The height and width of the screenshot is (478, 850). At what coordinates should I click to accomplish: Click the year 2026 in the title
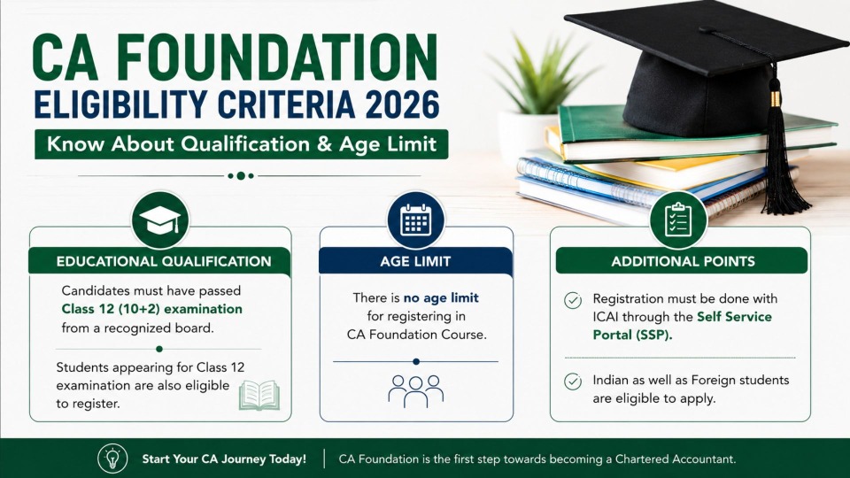pos(402,105)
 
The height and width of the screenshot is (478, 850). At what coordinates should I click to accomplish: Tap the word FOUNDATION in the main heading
pos(277,57)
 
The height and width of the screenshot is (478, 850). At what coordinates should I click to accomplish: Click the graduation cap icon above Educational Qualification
pos(160,220)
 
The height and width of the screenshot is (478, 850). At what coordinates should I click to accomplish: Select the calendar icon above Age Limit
pos(416,220)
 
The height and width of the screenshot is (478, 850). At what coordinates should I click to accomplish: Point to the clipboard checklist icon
pos(678,220)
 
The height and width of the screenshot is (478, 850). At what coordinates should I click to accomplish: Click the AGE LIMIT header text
pos(415,262)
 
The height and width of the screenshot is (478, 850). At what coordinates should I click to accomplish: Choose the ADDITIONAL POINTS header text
pos(683,262)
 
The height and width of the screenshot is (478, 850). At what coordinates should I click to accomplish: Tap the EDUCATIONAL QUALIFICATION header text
pos(164,262)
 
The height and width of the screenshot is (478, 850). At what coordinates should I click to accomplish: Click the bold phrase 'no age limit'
pos(441,297)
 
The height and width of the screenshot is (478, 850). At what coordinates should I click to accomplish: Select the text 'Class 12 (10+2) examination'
pos(151,309)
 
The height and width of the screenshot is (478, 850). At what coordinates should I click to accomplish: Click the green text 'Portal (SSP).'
pos(632,335)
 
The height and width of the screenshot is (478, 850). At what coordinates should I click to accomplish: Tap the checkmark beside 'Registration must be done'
pos(573,300)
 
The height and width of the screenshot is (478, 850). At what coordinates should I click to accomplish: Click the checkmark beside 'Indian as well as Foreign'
pos(573,382)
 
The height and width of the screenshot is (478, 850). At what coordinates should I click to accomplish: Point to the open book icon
pos(259,395)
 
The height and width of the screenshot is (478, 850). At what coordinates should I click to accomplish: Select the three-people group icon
pos(416,390)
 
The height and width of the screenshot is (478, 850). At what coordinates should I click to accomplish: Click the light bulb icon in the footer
pos(112,458)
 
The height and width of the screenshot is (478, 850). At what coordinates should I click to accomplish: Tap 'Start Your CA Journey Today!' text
pos(224,459)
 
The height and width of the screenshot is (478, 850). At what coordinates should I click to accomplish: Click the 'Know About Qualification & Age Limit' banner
pos(241,144)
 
